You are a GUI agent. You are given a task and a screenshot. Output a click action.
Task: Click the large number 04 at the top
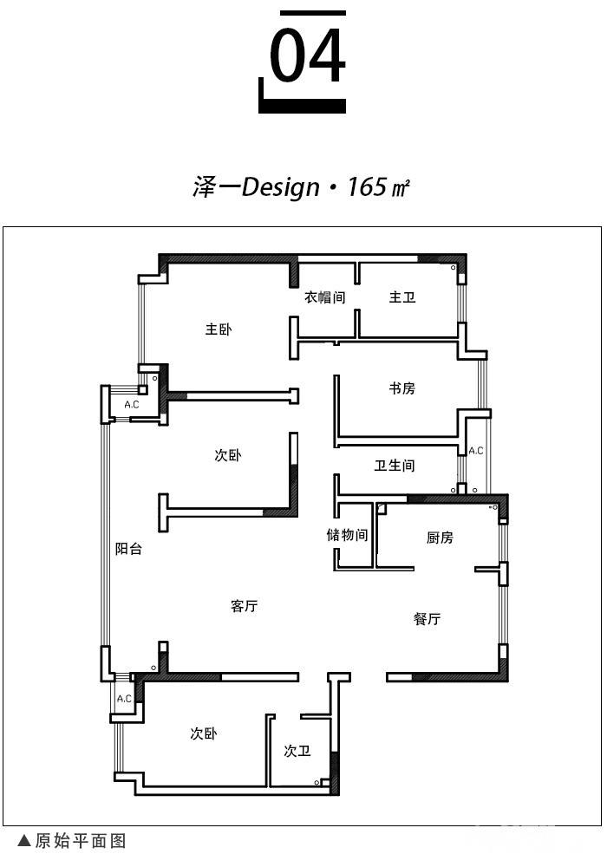tap(307, 55)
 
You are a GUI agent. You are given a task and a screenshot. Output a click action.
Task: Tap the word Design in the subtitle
tap(281, 187)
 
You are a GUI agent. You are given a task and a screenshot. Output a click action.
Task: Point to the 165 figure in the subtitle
tap(367, 186)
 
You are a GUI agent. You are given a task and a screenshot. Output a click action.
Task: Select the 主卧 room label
tap(219, 329)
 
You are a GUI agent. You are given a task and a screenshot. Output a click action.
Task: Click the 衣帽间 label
tap(325, 297)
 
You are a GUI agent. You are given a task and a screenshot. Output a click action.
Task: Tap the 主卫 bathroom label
tap(401, 297)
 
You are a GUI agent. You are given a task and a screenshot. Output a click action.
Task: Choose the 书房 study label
tap(401, 388)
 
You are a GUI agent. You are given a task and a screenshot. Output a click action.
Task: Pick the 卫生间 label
tap(395, 466)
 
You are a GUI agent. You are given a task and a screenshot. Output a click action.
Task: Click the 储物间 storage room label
tap(347, 535)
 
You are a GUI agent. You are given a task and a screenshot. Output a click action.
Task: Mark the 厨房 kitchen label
tap(440, 538)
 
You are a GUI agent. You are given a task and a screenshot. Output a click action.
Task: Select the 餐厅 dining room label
tap(428, 619)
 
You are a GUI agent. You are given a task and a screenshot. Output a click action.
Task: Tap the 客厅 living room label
tap(245, 606)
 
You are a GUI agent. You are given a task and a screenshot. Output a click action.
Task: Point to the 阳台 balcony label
tap(129, 549)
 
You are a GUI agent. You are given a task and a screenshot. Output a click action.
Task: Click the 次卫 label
tap(297, 751)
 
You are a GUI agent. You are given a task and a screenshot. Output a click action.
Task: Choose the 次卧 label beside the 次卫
tap(204, 733)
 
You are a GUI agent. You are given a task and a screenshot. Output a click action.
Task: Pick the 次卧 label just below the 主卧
tap(228, 455)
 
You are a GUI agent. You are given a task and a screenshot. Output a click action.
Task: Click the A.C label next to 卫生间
tap(476, 451)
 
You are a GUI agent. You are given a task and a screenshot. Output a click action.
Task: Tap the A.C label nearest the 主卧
tap(132, 405)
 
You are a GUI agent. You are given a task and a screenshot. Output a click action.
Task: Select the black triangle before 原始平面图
tap(23, 841)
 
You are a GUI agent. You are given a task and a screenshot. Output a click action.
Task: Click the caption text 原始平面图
tap(81, 841)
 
